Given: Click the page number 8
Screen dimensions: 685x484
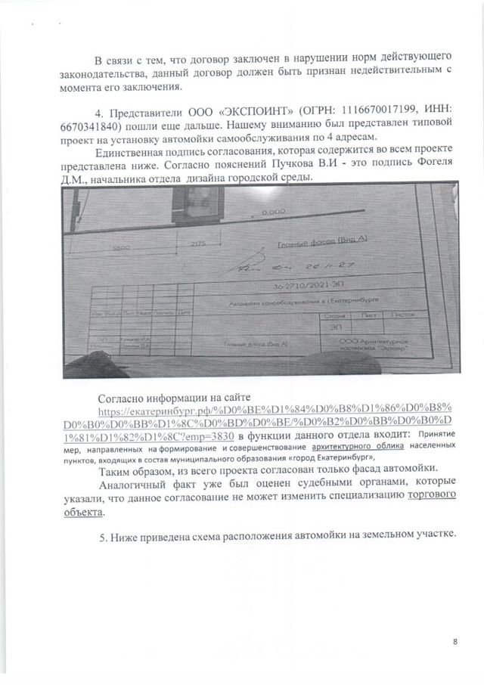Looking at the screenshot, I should point(455,641).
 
